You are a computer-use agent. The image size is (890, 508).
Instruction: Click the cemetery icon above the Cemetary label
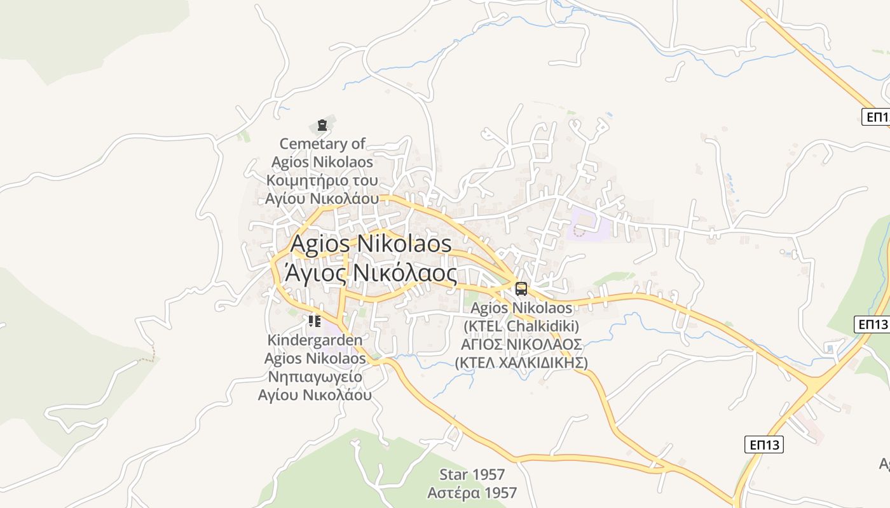pos(322,124)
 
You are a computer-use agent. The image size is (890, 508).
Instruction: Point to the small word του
pos(362,180)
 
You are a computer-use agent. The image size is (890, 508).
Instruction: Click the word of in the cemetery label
pos(359,144)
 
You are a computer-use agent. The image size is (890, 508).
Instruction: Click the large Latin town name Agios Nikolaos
pos(371,243)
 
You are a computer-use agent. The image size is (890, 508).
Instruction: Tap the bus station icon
pos(521,289)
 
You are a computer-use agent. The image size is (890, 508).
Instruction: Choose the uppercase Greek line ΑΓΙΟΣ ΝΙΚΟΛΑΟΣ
pos(521,344)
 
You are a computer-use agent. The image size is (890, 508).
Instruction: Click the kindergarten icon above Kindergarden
pos(314,321)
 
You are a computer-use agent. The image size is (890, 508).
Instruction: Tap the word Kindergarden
pos(315,340)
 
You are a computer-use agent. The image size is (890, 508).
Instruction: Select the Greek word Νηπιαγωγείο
pos(315,377)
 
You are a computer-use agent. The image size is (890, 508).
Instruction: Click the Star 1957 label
pos(472,474)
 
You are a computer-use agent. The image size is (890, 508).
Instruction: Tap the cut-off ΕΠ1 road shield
pos(875,117)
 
